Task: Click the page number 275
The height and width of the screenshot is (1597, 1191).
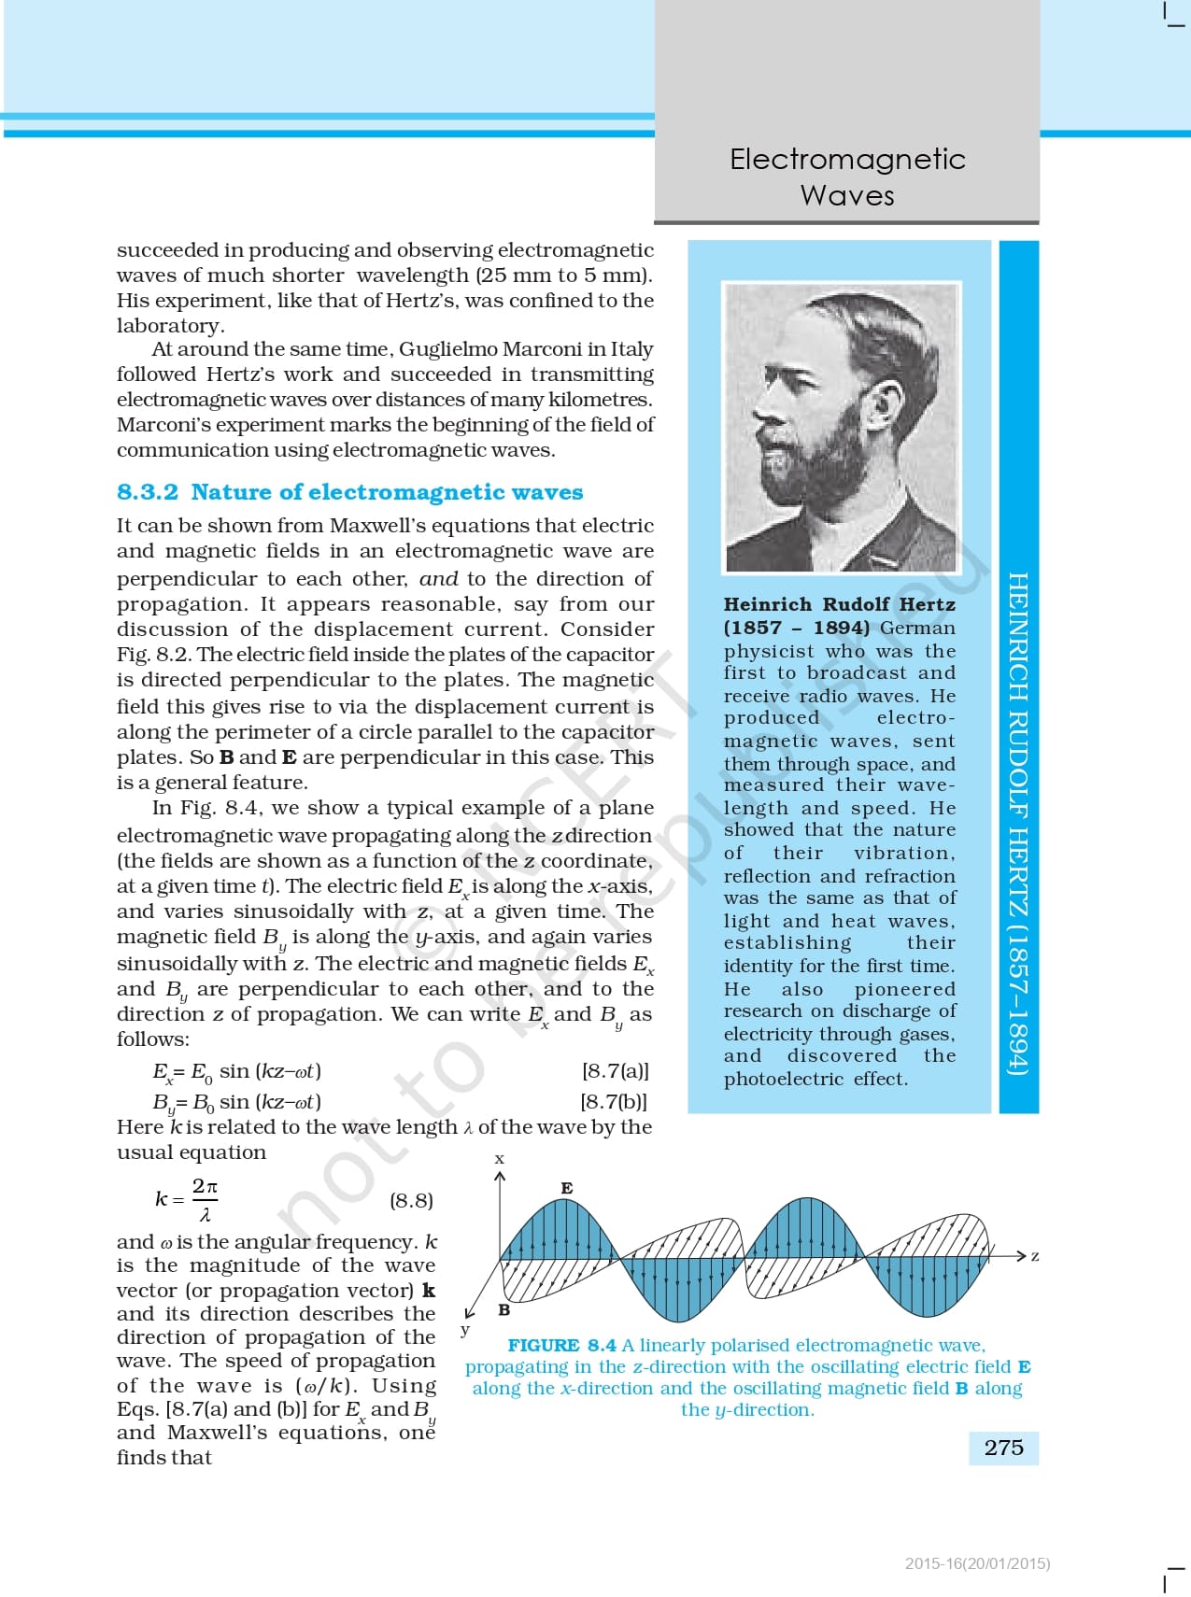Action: pyautogui.click(x=1003, y=1448)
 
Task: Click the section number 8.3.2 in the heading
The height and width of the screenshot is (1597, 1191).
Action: pyautogui.click(x=148, y=492)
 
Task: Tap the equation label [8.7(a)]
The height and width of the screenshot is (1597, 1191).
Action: pyautogui.click(x=615, y=1070)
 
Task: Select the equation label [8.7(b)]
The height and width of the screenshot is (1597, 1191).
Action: pyautogui.click(x=614, y=1101)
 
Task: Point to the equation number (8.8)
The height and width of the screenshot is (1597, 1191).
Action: pyautogui.click(x=411, y=1200)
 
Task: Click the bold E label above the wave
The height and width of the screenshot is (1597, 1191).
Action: pyautogui.click(x=567, y=1188)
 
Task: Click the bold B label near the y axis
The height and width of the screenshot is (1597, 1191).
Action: pyautogui.click(x=504, y=1309)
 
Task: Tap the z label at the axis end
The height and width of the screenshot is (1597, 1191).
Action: pyautogui.click(x=1035, y=1256)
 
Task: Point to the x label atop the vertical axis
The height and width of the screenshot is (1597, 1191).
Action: pyautogui.click(x=500, y=1159)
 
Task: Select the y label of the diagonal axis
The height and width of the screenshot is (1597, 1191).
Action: pyautogui.click(x=465, y=1330)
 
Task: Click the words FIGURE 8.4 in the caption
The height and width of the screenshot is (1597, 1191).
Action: pyautogui.click(x=561, y=1345)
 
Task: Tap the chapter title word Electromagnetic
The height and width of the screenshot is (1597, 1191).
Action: pyautogui.click(x=847, y=159)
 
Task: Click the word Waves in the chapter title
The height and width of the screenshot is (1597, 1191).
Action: pyautogui.click(x=847, y=195)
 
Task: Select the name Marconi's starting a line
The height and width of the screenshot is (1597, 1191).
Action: pyautogui.click(x=159, y=424)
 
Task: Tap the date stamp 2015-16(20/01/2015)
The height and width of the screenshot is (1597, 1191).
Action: pyautogui.click(x=977, y=1563)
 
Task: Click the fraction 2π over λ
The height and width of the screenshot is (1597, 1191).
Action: pyautogui.click(x=205, y=1200)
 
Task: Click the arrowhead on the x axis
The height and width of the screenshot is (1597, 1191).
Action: pyautogui.click(x=500, y=1176)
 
